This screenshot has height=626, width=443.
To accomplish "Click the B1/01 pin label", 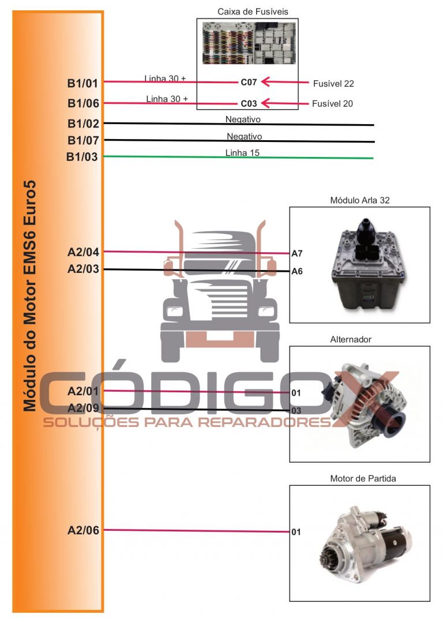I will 83,83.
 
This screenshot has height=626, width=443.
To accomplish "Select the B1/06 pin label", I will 83,104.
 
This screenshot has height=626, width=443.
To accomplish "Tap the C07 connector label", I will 249,83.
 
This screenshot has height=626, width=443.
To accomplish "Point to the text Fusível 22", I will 333,84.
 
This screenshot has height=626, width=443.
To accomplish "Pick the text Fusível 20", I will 333,104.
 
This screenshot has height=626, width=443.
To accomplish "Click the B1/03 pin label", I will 83,156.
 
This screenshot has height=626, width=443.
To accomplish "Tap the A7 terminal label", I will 297,253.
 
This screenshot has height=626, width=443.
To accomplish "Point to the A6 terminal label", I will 297,271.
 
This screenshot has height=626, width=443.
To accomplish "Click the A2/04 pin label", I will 83,252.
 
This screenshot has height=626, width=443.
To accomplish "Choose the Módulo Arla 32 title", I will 361,200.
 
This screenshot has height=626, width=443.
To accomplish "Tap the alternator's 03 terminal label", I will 296,410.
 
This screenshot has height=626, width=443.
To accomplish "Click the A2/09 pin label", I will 83,408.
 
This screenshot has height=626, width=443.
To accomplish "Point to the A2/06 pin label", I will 83,530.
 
